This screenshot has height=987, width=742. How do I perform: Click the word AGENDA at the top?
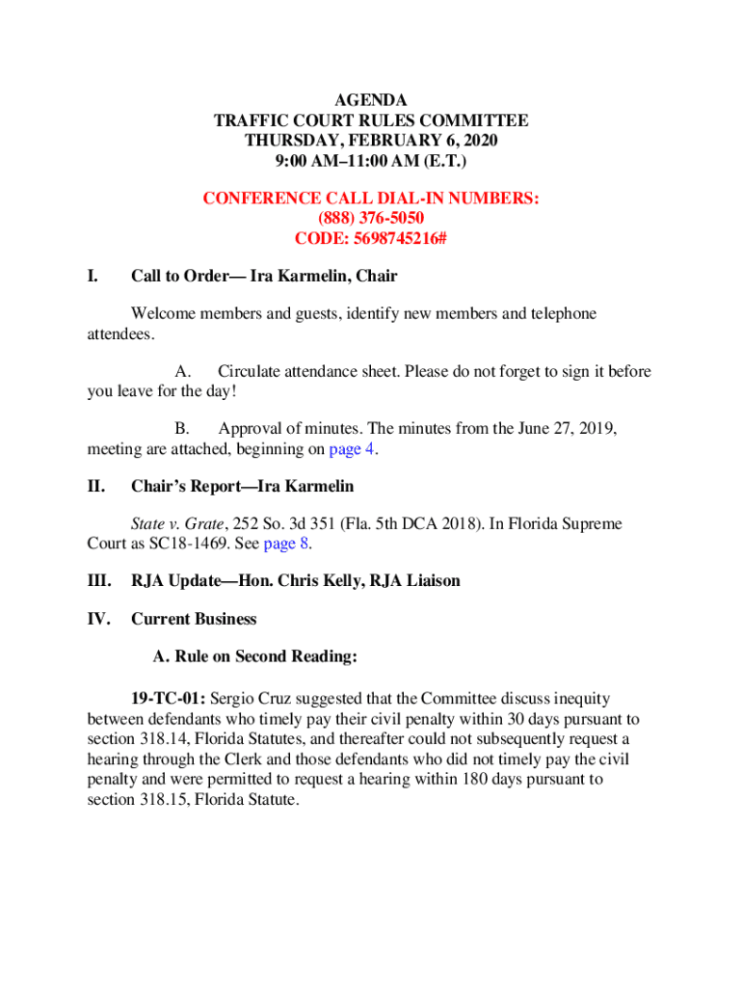(x=371, y=100)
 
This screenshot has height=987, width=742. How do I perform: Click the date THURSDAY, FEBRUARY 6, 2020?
(x=371, y=140)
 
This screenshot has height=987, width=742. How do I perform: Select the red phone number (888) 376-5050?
(x=371, y=218)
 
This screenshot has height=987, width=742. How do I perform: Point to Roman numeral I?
(x=92, y=277)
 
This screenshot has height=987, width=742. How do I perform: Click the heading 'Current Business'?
(x=194, y=619)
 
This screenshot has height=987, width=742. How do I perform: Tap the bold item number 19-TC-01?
(x=169, y=699)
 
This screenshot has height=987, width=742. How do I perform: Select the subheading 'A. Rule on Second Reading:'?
(x=255, y=657)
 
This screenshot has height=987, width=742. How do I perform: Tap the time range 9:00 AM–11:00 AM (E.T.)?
(x=371, y=159)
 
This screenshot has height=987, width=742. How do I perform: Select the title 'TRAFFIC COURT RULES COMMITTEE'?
(x=371, y=120)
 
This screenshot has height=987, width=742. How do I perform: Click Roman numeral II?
(x=95, y=487)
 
